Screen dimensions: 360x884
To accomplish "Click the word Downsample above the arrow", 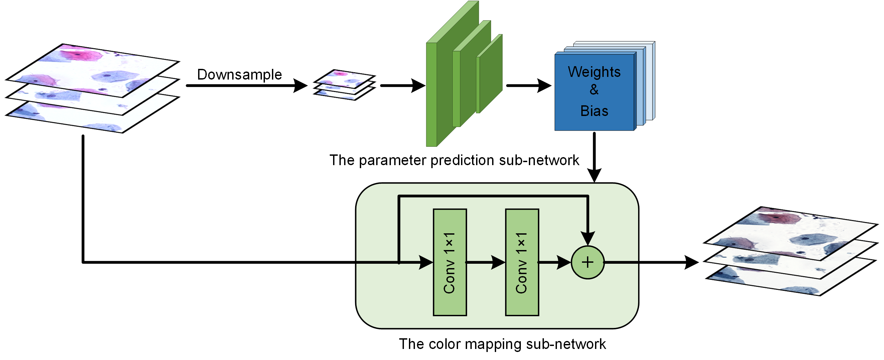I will tap(239, 75).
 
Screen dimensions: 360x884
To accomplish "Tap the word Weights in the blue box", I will tap(594, 72).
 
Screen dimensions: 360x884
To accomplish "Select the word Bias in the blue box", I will tap(594, 111).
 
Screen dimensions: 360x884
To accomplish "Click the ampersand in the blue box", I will tap(594, 90).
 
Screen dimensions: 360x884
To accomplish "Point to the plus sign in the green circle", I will tap(588, 262).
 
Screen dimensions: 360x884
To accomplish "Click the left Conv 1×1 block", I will tap(450, 262).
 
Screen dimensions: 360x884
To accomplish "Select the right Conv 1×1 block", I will tap(522, 262).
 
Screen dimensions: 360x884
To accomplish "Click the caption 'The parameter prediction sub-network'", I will tap(454, 160).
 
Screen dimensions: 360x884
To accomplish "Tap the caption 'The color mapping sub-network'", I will tap(502, 344).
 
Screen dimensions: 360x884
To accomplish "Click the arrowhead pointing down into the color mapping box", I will tap(594, 175).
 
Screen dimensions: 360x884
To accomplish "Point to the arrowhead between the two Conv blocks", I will tap(498, 262).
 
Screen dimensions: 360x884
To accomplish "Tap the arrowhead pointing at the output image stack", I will tap(691, 262).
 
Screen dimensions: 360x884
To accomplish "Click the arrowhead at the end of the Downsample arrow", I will tap(300, 85).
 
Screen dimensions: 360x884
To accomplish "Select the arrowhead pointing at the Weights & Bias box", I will tap(544, 85).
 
